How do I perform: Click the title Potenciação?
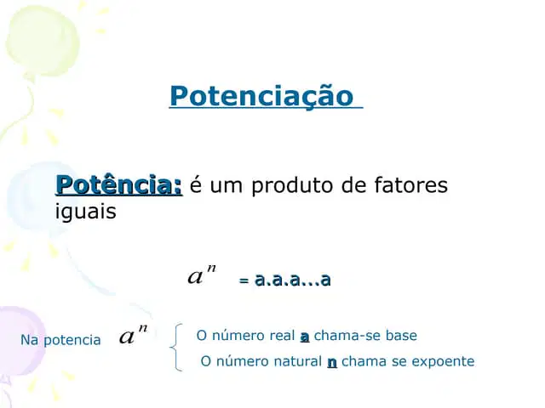[261, 96]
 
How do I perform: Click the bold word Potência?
[119, 185]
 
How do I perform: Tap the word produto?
[292, 186]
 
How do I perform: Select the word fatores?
[411, 185]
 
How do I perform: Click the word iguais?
[85, 212]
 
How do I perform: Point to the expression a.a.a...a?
[292, 280]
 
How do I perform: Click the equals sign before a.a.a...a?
[244, 280]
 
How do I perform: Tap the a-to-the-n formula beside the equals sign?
[202, 275]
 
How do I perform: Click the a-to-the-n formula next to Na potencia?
[134, 335]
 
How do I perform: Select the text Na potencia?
[60, 340]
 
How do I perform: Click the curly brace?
[176, 348]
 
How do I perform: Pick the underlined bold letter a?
[305, 337]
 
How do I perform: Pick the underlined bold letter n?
[332, 363]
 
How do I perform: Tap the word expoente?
[443, 362]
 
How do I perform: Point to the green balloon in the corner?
[43, 41]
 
